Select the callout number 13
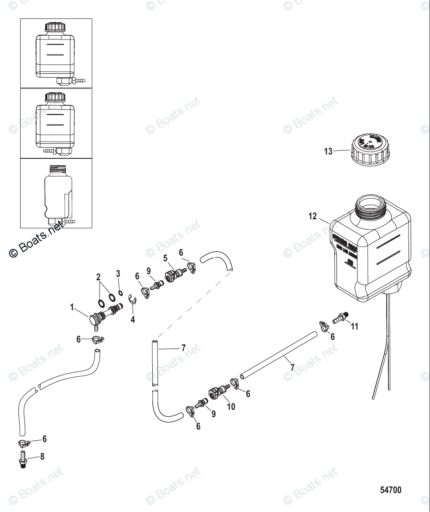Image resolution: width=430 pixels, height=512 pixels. tap(328, 151)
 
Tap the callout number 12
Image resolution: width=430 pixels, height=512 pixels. tap(312, 216)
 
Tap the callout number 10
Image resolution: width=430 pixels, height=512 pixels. tap(231, 406)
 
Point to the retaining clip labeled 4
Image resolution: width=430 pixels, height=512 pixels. tap(133, 306)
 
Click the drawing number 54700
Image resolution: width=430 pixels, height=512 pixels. tap(391, 490)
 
